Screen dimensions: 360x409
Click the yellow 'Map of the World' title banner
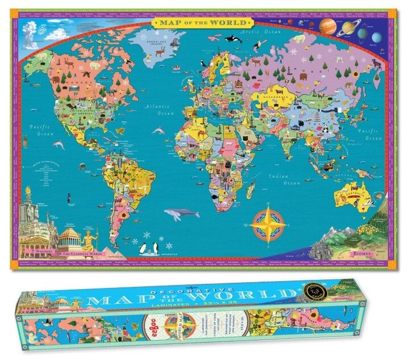click(x=205, y=23)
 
